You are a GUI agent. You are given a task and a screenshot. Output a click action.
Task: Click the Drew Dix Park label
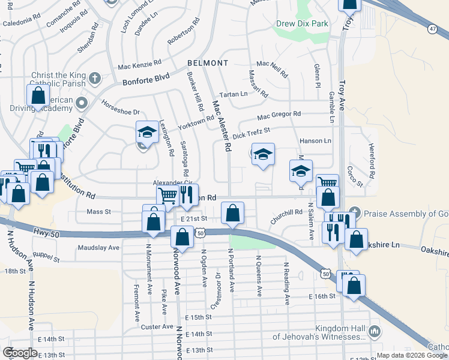(x=302, y=24)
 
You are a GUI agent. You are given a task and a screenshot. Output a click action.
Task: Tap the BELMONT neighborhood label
(x=208, y=63)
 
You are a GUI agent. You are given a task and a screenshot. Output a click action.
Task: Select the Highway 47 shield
(x=432, y=28)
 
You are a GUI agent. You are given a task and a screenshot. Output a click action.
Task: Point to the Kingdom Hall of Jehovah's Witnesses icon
(x=375, y=331)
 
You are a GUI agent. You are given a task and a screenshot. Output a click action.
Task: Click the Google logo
(x=20, y=352)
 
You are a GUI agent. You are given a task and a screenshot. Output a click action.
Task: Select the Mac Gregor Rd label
(x=279, y=115)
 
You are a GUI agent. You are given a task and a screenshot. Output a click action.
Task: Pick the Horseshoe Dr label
(x=120, y=112)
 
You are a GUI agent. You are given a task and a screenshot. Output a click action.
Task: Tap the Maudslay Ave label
(x=98, y=247)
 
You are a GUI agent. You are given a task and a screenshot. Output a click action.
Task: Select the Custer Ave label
(x=157, y=327)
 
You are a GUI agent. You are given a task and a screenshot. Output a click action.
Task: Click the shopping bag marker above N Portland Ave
(x=232, y=213)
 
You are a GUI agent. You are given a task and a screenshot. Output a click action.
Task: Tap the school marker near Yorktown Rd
(x=146, y=133)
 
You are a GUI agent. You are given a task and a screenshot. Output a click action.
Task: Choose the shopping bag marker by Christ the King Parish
(x=38, y=96)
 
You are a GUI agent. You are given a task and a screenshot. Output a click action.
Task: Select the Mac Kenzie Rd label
(x=140, y=63)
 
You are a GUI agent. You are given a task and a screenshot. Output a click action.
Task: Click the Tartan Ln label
(x=235, y=94)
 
